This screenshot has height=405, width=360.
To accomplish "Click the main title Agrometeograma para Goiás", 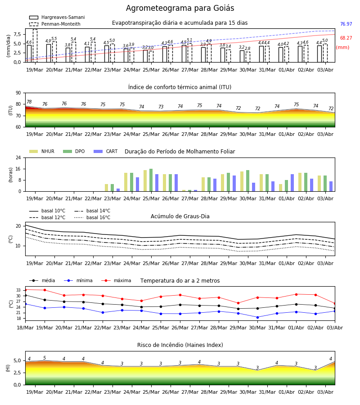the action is tap(180, 8).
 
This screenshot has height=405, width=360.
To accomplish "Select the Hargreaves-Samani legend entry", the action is tap(57, 17).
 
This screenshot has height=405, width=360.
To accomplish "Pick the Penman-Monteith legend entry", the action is tap(55, 24).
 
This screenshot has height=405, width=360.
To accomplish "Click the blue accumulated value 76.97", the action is tap(346, 24).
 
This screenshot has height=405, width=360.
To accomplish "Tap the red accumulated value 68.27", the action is tap(346, 38).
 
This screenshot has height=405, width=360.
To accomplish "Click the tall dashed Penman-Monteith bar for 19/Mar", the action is tap(35, 46).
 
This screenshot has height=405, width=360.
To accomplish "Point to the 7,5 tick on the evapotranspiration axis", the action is tap(17, 34).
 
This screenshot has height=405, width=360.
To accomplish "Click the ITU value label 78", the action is tap(29, 102).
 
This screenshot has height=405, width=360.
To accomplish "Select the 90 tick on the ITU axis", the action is tap(18, 93).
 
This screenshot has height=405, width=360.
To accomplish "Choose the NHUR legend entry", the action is tap(42, 151).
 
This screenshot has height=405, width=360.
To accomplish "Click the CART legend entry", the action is tap(106, 151).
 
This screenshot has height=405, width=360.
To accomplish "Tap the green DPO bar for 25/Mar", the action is tap(151, 180).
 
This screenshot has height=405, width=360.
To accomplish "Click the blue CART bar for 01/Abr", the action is tap(292, 183).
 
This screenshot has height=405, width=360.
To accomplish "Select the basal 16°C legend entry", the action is tap(92, 217).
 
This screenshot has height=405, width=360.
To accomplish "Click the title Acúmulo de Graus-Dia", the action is tap(180, 216).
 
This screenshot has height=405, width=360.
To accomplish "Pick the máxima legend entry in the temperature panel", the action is tap(117, 280).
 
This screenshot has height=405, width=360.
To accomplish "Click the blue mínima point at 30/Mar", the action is tap(257, 317).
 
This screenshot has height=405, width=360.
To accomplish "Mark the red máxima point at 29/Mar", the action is tap(238, 303).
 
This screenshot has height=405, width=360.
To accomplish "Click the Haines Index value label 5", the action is tap(45, 358).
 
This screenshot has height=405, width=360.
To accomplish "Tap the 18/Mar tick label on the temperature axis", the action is tap(25, 328).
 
